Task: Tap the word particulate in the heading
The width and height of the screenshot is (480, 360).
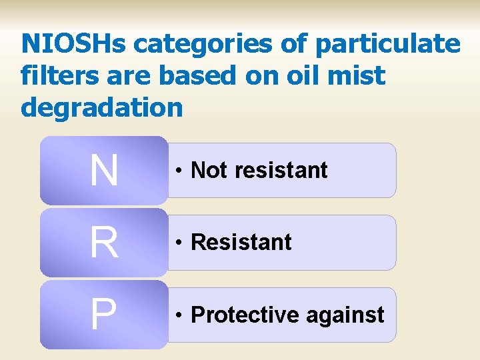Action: (387, 45)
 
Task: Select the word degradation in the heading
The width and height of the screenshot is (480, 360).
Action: (102, 107)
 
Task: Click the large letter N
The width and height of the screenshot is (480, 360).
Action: (103, 171)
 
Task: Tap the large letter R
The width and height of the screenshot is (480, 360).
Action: (103, 243)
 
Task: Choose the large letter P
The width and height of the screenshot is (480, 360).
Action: (103, 315)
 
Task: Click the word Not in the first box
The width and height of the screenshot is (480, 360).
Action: (209, 171)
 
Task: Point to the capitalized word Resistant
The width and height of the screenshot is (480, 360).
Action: (241, 243)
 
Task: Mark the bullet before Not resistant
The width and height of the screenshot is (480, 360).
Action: (180, 171)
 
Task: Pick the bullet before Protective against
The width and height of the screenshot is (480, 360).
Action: (180, 315)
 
